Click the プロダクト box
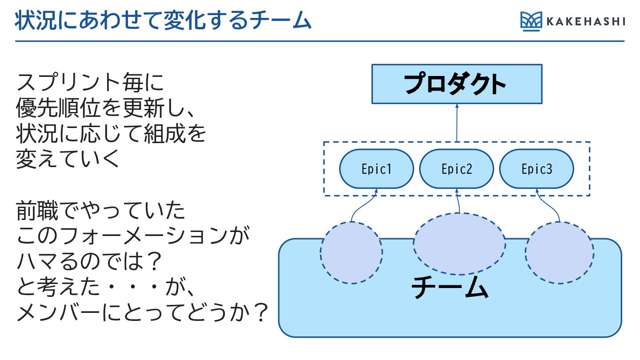click(x=456, y=84)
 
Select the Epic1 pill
click(x=376, y=169)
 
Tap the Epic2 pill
click(x=456, y=169)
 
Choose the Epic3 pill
click(x=536, y=169)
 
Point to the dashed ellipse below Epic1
click(x=351, y=252)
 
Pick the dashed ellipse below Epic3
click(x=559, y=252)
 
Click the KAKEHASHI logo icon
click(x=532, y=21)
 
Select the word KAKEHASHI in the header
click(x=586, y=21)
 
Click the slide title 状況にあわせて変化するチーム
click(x=163, y=21)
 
